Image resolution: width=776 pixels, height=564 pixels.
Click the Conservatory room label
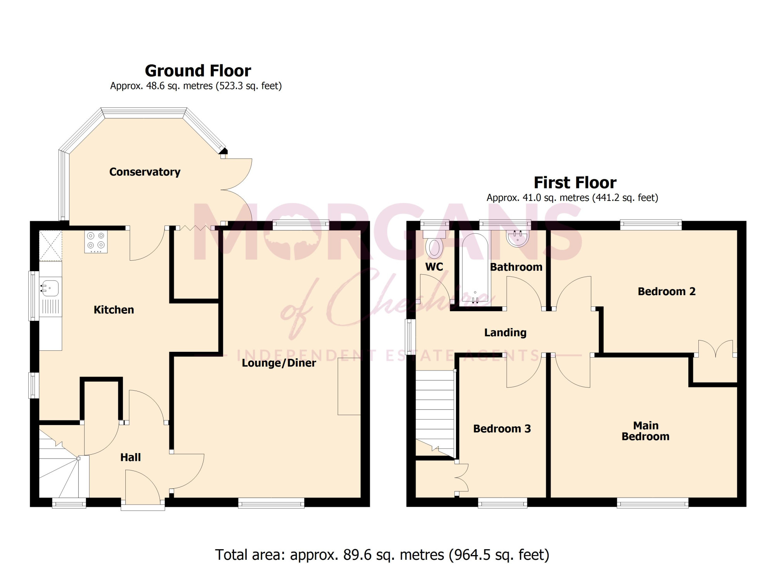145,172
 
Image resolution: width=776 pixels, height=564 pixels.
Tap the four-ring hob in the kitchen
96,242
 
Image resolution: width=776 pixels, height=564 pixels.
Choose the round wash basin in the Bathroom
518,238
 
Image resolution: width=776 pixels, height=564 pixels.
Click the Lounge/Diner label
279,363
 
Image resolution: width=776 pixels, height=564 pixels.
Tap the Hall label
130,457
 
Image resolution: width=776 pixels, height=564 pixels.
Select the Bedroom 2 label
667,291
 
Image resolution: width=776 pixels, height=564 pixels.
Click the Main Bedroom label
646,431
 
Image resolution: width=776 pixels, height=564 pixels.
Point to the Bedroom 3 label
502,429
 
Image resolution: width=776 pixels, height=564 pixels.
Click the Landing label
505,332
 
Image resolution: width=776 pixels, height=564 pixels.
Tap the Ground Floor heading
198,71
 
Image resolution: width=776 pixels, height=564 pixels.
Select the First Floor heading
575,182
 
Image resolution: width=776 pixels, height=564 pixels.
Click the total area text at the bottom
382,555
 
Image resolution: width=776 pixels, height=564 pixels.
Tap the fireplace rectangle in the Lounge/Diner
349,386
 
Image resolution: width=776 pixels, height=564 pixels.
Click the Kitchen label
114,310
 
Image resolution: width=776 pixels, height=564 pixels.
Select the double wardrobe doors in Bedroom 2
716,348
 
